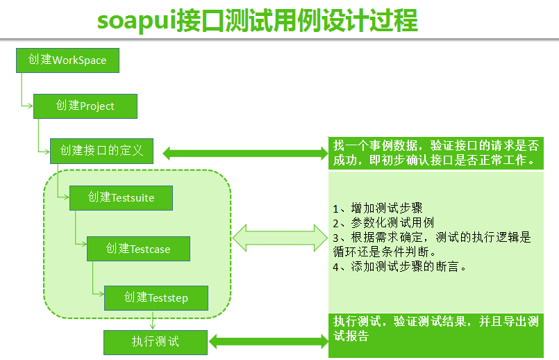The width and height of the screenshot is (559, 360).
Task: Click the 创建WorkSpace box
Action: click(68, 60)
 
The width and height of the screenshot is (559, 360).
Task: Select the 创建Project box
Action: click(85, 106)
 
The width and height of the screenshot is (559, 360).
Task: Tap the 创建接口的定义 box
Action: click(101, 151)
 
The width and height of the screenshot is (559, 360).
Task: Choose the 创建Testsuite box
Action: click(122, 197)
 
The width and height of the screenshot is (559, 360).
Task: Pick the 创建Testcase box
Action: click(138, 249)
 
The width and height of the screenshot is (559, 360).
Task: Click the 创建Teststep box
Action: click(156, 298)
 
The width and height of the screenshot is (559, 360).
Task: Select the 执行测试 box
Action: click(156, 342)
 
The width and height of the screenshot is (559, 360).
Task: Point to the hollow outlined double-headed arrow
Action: click(280, 238)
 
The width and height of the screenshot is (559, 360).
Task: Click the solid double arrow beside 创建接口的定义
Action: click(245, 154)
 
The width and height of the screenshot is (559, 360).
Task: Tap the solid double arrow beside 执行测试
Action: click(269, 341)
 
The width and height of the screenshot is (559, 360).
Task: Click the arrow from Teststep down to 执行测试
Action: click(153, 320)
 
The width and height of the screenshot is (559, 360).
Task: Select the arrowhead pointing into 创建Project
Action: click(31, 106)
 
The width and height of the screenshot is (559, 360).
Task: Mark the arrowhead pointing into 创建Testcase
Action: click(84, 244)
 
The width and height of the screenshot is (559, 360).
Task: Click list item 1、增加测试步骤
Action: click(378, 208)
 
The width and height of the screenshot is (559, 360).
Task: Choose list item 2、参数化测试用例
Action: click(383, 222)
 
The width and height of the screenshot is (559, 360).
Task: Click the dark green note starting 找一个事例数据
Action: click(436, 153)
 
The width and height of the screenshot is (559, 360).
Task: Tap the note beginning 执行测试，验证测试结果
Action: click(436, 336)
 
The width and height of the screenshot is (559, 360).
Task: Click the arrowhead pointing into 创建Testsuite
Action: click(66, 197)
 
